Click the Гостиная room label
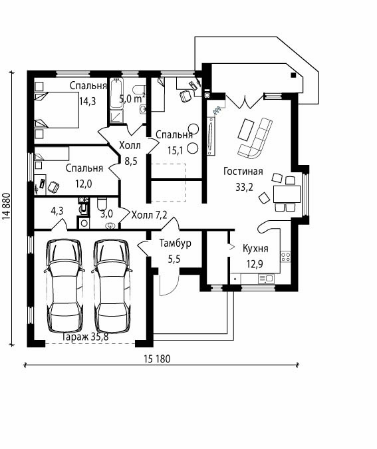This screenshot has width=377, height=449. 243,171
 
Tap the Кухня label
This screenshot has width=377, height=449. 255,248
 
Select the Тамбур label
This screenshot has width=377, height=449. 175,243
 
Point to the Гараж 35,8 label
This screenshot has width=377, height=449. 85,337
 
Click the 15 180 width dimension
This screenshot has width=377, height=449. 157,359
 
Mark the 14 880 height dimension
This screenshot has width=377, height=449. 6,206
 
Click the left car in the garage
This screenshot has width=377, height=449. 64,286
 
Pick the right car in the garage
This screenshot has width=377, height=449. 112,286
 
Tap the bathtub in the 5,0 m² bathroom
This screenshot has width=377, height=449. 117,94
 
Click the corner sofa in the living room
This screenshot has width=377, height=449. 256,139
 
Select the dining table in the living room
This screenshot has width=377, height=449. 287,194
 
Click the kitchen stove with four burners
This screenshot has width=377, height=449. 286,256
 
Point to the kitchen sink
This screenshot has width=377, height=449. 266,278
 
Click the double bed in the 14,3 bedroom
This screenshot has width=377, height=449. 56,110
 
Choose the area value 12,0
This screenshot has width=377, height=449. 84,184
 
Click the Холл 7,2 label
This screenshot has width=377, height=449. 149,215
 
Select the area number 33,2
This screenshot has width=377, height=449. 245,187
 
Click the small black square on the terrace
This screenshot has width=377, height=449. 293,75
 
